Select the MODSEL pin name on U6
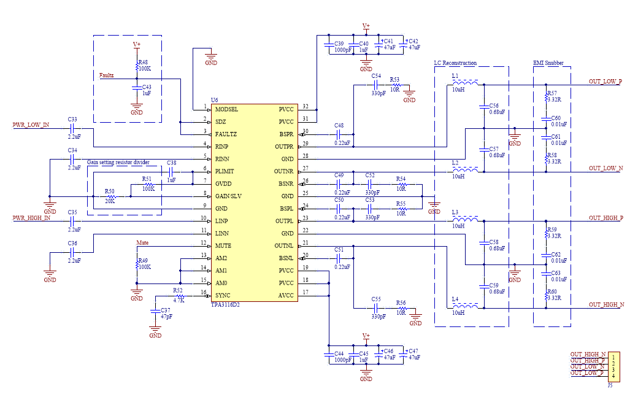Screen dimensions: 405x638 tap(226, 109)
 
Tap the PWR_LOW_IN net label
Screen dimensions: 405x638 tap(31, 125)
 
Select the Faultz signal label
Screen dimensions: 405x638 tap(107, 75)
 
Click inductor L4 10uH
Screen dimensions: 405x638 tap(469, 306)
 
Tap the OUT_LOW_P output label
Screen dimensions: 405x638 tap(605, 82)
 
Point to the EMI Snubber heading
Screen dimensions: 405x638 tap(548, 63)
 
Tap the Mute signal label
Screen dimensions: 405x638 tap(142, 243)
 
